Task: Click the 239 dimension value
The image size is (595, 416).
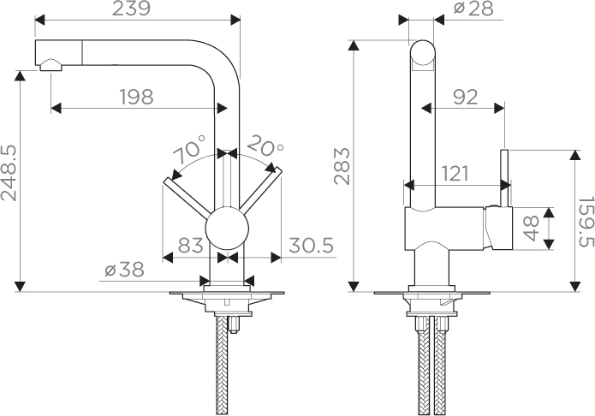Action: pyautogui.click(x=131, y=9)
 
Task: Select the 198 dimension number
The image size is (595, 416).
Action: pyautogui.click(x=137, y=97)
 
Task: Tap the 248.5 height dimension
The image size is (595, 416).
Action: pyautogui.click(x=9, y=173)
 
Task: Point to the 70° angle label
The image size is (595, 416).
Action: pyautogui.click(x=189, y=150)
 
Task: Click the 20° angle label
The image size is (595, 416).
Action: pyautogui.click(x=265, y=146)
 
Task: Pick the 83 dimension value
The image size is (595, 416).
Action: pyautogui.click(x=191, y=245)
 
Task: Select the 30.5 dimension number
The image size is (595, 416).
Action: pyautogui.click(x=311, y=245)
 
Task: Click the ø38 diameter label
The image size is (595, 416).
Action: pyautogui.click(x=124, y=270)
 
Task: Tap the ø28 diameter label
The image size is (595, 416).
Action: pyautogui.click(x=473, y=9)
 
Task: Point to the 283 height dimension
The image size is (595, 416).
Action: pyautogui.click(x=342, y=166)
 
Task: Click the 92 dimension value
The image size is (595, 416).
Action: pyautogui.click(x=466, y=98)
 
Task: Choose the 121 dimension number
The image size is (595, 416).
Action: pyautogui.click(x=455, y=174)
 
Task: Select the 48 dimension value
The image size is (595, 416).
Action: pyautogui.click(x=532, y=229)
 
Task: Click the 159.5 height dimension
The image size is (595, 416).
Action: pyautogui.click(x=586, y=222)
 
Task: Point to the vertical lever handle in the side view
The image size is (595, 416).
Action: pyautogui.click(x=505, y=178)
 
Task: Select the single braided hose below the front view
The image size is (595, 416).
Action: pyautogui.click(x=222, y=365)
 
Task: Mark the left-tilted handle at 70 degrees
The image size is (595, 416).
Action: pyautogui.click(x=187, y=199)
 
